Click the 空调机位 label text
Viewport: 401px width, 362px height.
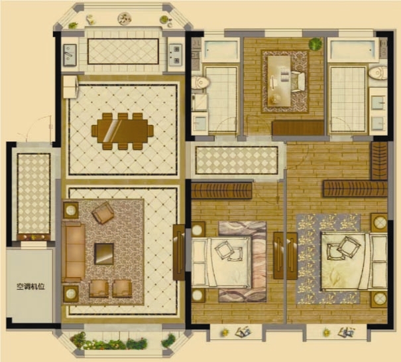pos(30,286)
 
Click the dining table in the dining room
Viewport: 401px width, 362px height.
pos(123,131)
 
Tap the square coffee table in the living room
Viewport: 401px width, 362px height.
pos(104,254)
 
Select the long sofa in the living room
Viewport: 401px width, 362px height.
pos(74,252)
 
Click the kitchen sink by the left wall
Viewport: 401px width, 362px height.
pos(70,54)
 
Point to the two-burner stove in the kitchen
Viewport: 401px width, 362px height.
pos(176,54)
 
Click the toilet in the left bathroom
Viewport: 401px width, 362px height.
pos(201,82)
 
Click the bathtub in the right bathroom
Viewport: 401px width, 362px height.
pos(353,50)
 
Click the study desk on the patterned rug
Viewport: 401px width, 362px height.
pos(279,81)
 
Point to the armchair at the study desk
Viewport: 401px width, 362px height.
pos(298,81)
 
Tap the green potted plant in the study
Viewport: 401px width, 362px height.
pos(315,44)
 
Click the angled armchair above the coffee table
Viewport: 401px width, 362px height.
pos(103,213)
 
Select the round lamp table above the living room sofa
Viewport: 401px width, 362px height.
pos(71,211)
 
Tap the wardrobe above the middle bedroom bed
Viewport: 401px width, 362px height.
pos(222,190)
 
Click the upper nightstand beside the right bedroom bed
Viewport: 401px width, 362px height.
pos(380,222)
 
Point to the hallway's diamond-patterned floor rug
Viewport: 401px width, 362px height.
pos(237,161)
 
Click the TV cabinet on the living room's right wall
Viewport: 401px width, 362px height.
pos(179,252)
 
